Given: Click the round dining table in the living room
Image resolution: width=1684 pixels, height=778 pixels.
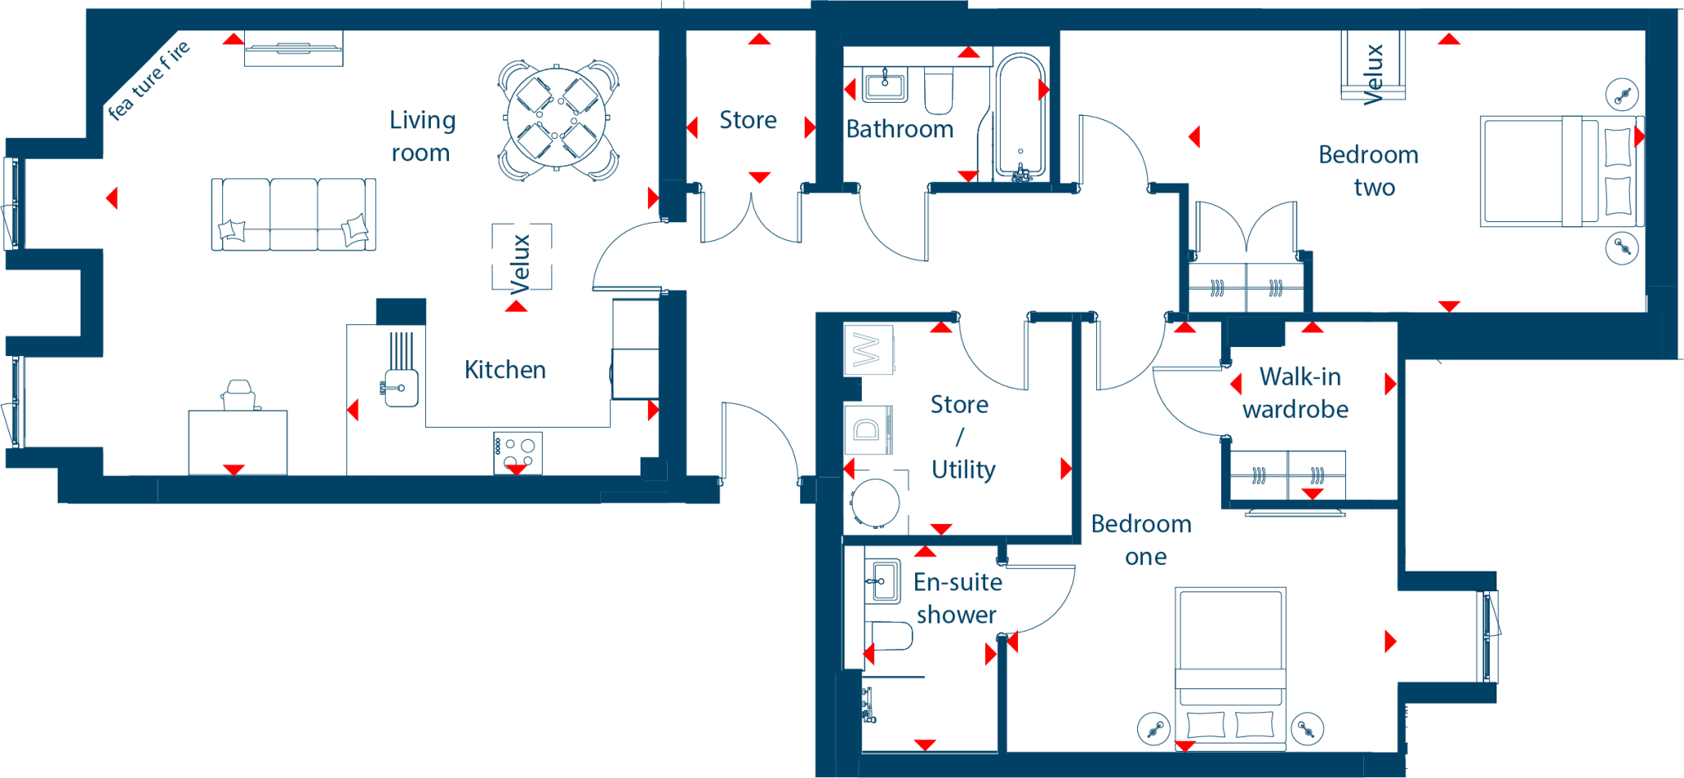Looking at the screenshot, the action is pyautogui.click(x=557, y=119).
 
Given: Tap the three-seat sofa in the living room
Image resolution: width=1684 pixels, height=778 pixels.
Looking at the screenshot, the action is pyautogui.click(x=294, y=215).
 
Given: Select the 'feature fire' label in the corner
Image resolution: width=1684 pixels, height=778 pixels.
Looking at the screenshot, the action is pyautogui.click(x=149, y=80).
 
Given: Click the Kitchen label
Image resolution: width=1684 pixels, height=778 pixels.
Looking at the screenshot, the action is pyautogui.click(x=505, y=370).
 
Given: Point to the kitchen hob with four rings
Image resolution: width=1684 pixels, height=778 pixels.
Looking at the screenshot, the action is pyautogui.click(x=517, y=453).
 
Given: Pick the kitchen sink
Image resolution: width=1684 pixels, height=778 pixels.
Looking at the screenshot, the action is pyautogui.click(x=400, y=387).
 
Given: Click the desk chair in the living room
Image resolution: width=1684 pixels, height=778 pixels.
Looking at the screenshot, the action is pyautogui.click(x=239, y=395).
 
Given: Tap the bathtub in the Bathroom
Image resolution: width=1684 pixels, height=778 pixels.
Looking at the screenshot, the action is pyautogui.click(x=1020, y=117).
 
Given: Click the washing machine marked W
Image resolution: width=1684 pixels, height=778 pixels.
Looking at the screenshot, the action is pyautogui.click(x=868, y=350).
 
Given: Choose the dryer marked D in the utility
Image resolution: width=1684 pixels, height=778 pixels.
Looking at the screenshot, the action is pyautogui.click(x=868, y=428).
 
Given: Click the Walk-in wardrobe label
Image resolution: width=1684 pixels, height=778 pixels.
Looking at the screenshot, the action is pyautogui.click(x=1296, y=393).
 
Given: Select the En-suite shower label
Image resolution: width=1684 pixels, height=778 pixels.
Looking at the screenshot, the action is pyautogui.click(x=957, y=599).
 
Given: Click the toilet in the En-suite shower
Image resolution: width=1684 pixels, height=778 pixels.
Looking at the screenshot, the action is pyautogui.click(x=889, y=636).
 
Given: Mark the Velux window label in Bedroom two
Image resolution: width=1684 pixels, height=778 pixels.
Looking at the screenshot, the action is pyautogui.click(x=1373, y=74).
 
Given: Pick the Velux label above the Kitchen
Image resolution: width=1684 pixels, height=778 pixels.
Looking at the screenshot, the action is pyautogui.click(x=520, y=264).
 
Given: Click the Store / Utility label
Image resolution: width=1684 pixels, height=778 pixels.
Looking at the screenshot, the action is pyautogui.click(x=962, y=437).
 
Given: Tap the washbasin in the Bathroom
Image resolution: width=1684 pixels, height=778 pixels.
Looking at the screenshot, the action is pyautogui.click(x=885, y=86).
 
